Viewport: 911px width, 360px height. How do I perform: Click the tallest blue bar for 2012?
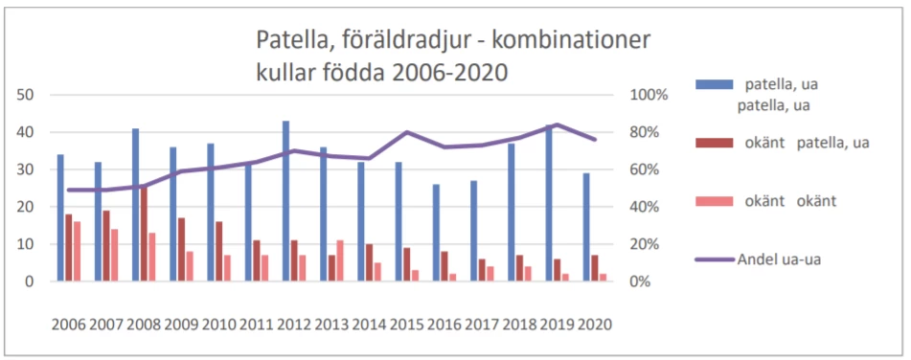coord(285,201)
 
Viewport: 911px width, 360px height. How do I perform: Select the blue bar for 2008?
coord(135,205)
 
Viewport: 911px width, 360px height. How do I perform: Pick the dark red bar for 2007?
coord(105,246)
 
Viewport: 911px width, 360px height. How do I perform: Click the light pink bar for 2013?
coord(339,260)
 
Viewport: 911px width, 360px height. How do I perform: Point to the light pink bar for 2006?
coord(77,252)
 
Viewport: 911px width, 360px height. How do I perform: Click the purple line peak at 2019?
coord(558,124)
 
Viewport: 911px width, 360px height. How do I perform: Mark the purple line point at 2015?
coord(407,132)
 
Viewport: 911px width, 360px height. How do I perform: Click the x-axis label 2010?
coord(219,324)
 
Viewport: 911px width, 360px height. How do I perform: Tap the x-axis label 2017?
coord(483,324)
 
